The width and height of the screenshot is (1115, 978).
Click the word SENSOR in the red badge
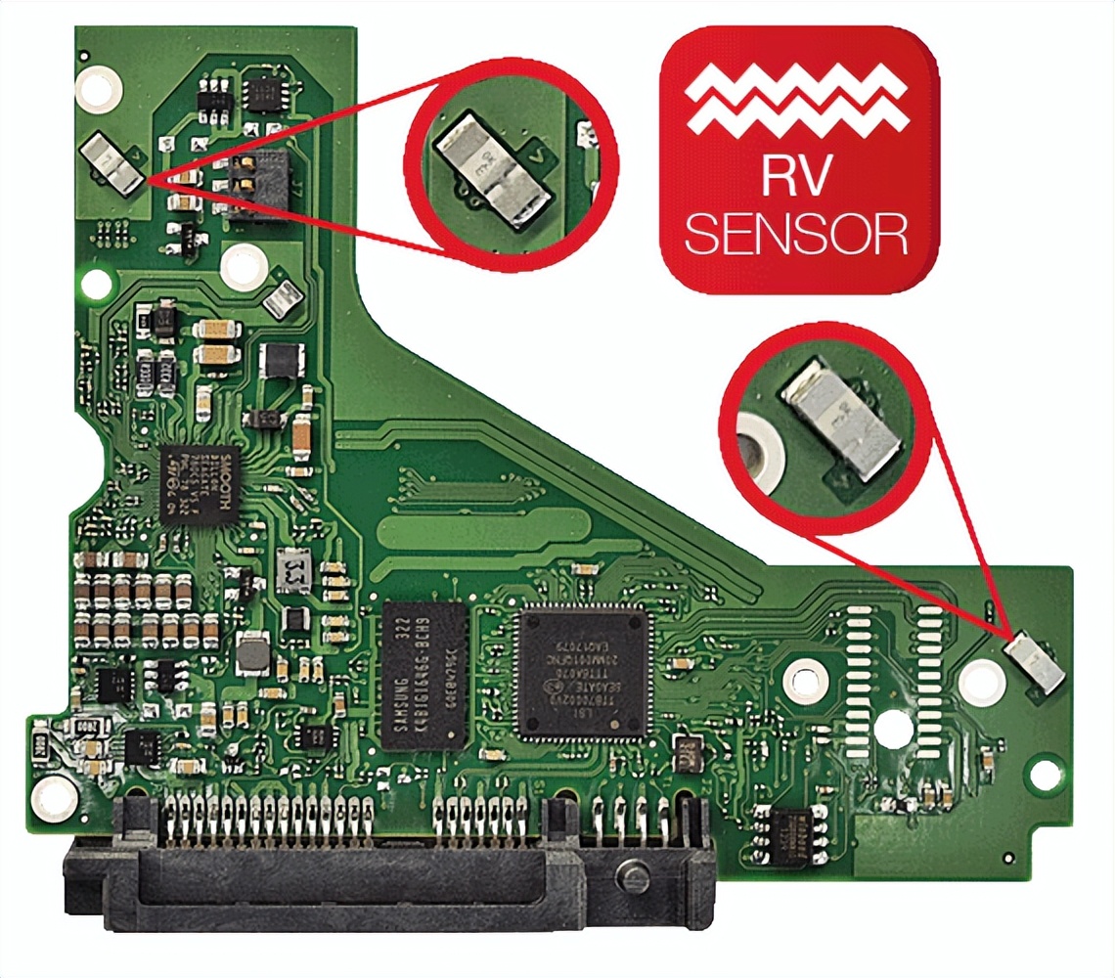click(797, 235)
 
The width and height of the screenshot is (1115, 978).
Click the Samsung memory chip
click(424, 675)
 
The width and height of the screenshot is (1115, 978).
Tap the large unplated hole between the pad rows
click(893, 728)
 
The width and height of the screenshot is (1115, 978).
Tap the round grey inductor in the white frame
click(252, 651)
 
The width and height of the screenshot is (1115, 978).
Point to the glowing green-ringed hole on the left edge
click(96, 284)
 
